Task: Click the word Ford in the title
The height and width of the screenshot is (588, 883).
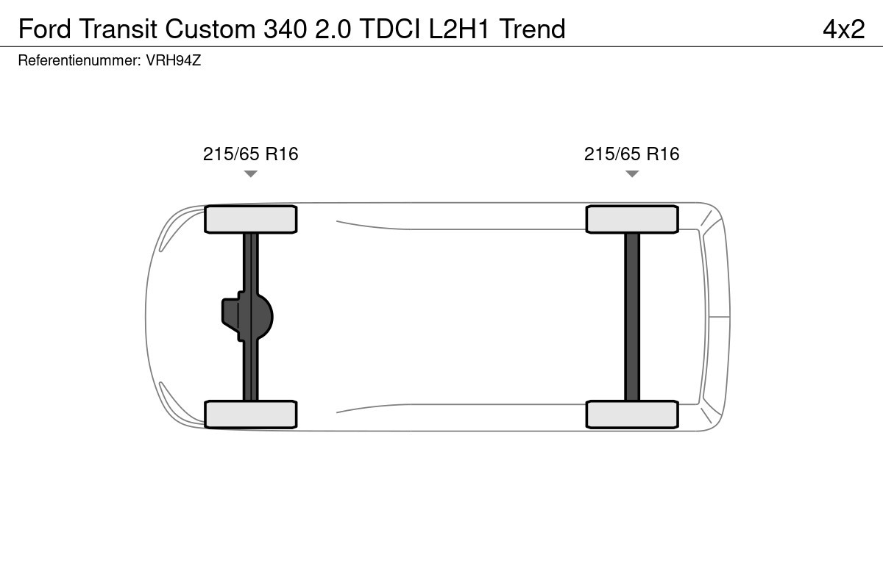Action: click(45, 29)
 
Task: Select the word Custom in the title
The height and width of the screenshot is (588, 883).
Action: click(210, 29)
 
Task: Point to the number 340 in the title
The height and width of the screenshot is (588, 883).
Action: click(285, 29)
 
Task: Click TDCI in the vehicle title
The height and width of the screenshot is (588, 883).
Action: click(390, 29)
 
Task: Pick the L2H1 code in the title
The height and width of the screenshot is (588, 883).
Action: click(459, 29)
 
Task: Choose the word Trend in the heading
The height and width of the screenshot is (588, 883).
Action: click(532, 29)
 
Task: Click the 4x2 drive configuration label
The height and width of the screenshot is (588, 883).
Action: click(844, 29)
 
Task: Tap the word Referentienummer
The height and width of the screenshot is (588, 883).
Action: click(79, 61)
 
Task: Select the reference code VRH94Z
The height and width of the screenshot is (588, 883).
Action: click(174, 61)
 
